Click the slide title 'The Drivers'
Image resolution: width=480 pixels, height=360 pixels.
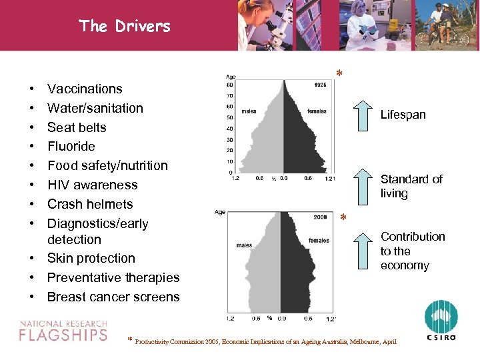coord(124,26)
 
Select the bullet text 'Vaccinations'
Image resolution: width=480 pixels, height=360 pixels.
coord(85,89)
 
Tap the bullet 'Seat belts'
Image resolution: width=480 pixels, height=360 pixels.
coord(77,127)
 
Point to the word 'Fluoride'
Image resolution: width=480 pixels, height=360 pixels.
coord(71,146)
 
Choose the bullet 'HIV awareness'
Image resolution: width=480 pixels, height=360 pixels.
coord(92,185)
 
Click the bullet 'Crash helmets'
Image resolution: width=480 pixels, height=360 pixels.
coord(90,204)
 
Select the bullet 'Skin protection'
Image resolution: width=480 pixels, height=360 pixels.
coord(91,258)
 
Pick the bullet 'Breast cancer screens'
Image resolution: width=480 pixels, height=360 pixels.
coord(113,297)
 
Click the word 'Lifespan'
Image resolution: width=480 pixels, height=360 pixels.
coord(403,115)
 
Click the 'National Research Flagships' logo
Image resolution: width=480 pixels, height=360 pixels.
coord(63,330)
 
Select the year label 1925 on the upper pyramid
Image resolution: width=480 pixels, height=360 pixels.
coord(320,85)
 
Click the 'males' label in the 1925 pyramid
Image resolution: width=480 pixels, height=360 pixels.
coord(249,111)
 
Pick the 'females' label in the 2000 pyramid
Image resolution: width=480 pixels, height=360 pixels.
coord(319,241)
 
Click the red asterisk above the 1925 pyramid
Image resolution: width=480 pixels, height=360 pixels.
coord(339,73)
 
